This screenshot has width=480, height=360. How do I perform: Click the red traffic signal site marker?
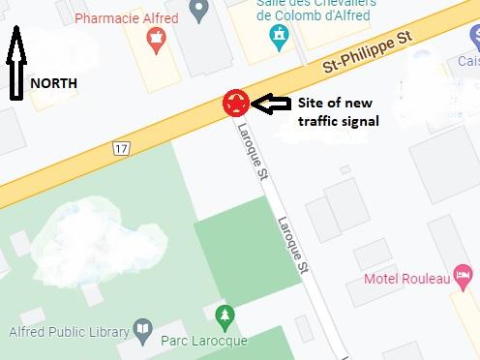coord(235,103)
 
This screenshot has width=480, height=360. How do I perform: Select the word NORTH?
coord(54,83)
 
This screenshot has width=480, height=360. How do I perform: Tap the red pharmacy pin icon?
coord(154,41)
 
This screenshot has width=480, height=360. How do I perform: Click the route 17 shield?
coord(120,148)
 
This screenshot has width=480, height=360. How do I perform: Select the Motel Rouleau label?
coord(406,280)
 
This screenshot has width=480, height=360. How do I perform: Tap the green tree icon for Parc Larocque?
coord(225,316)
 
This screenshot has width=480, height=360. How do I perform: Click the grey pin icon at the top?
coord(200,12)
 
